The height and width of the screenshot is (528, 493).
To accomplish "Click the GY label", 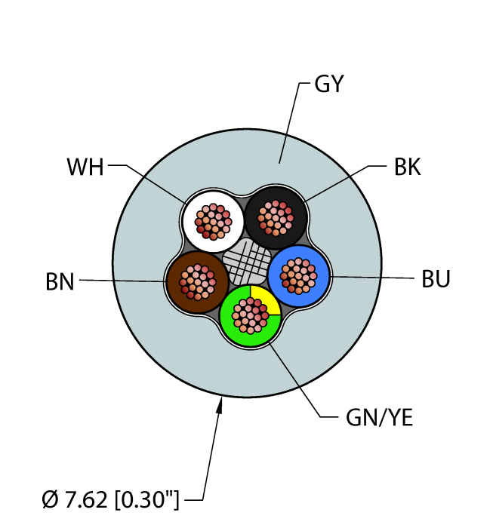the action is [329, 84].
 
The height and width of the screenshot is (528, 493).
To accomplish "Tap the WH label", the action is [85, 167].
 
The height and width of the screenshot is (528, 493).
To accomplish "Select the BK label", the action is [408, 167].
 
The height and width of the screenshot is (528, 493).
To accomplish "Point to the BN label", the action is [60, 282].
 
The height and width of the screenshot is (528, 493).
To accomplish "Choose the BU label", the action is [436, 279].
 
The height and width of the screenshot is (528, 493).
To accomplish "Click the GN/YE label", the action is [379, 418].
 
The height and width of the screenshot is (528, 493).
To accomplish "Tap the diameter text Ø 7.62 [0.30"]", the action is [110, 499].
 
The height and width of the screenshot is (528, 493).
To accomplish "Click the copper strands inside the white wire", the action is [214, 222].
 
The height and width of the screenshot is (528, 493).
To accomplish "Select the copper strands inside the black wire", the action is [276, 218].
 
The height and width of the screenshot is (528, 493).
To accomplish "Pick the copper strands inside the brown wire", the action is [198, 282].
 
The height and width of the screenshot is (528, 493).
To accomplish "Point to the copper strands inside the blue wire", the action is [298, 276].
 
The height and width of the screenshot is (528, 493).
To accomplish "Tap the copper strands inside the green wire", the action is [251, 315].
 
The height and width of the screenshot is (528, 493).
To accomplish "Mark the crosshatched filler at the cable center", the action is [248, 261].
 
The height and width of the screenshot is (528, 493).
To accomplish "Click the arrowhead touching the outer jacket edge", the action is [220, 405].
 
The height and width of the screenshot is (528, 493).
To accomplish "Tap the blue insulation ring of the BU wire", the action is [298, 252].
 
